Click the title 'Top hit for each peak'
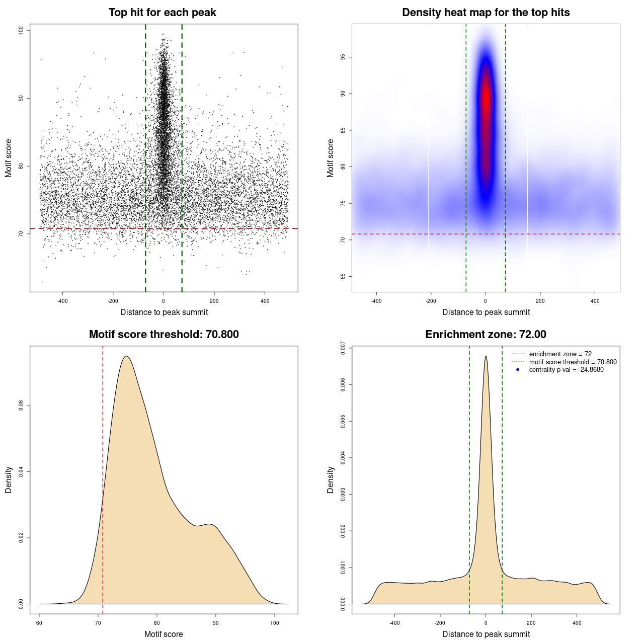click(x=163, y=13)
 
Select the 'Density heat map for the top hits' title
click(x=486, y=13)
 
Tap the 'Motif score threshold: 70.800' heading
click(x=164, y=335)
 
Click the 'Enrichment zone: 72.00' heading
click(x=486, y=335)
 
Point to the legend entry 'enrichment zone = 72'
click(x=560, y=354)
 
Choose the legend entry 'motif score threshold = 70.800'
click(x=573, y=362)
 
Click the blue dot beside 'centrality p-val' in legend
click(x=518, y=370)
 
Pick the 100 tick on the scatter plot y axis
click(x=21, y=31)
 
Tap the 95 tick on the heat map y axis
click(x=343, y=57)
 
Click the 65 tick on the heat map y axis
click(x=343, y=276)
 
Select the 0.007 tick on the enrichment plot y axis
click(x=343, y=348)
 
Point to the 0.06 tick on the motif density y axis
click(x=21, y=406)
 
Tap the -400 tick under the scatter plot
click(x=62, y=301)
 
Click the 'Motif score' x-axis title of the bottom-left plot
click(x=164, y=634)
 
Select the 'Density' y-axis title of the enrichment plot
click(x=331, y=479)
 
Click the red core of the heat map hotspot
click(x=486, y=101)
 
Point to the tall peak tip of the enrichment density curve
click(x=486, y=357)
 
